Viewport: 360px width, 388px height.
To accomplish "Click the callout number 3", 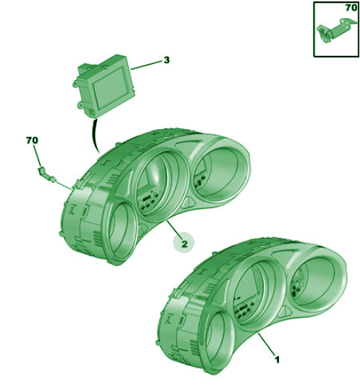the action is pyautogui.click(x=167, y=60).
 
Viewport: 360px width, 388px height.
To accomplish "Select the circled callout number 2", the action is pyautogui.click(x=184, y=243).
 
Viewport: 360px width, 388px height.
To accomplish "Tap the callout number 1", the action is pyautogui.click(x=277, y=360).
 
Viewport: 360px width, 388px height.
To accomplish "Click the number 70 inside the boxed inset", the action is pyautogui.click(x=351, y=8).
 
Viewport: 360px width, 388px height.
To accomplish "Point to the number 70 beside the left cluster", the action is pyautogui.click(x=32, y=141).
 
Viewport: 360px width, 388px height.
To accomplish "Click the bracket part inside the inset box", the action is pyautogui.click(x=336, y=30).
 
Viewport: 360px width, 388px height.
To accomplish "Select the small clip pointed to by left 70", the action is pyautogui.click(x=46, y=174).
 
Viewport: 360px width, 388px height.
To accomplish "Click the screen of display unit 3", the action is pyautogui.click(x=110, y=87).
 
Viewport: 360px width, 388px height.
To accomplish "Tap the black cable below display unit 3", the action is pyautogui.click(x=94, y=135).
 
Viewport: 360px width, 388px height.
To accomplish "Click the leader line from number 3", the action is pyautogui.click(x=146, y=65).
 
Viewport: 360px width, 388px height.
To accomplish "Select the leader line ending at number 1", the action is pyautogui.click(x=267, y=344).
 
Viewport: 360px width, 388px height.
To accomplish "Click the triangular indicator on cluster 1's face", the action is pyautogui.click(x=285, y=313).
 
